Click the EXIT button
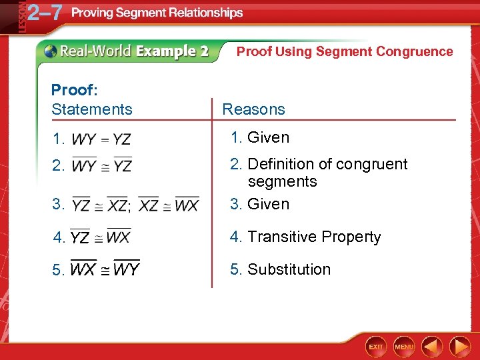point(377,347)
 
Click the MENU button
point(404,347)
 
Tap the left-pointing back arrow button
point(433,347)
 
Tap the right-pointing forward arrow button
point(460,347)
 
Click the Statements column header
point(91,109)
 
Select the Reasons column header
point(253,109)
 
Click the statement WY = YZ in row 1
point(101,139)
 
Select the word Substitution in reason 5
point(289,269)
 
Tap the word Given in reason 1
point(268,137)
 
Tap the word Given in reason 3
point(268,204)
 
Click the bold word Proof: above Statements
point(73,90)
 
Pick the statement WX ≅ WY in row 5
point(105,269)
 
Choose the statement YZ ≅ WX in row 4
point(101,237)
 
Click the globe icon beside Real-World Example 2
point(51,51)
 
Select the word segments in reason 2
point(282,181)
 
